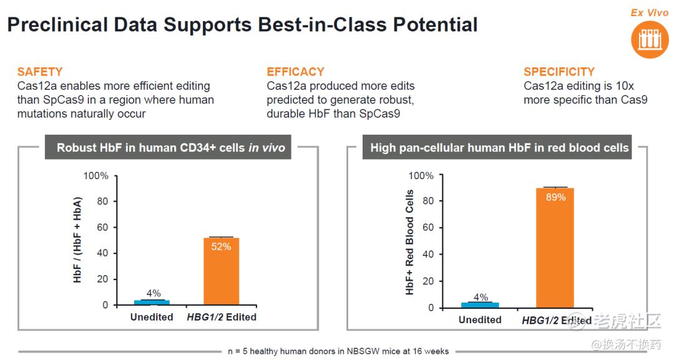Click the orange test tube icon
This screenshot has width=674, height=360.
click(650, 39)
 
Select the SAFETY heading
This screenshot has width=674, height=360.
click(40, 72)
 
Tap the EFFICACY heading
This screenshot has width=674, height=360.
click(295, 72)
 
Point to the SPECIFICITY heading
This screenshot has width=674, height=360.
click(559, 72)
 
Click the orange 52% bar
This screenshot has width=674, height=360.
click(221, 271)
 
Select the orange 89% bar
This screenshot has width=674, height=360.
click(555, 248)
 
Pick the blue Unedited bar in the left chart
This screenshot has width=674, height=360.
click(152, 303)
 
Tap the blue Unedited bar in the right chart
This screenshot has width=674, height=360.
click(480, 305)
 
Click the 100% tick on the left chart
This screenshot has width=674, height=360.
click(96, 176)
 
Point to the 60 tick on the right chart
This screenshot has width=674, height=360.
click(427, 227)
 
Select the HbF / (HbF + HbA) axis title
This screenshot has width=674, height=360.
click(77, 240)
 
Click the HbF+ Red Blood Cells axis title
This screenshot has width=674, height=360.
click(409, 242)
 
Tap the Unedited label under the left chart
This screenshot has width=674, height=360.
click(152, 317)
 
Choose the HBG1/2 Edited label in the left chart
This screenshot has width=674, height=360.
click(222, 317)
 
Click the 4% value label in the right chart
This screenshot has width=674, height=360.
click(481, 297)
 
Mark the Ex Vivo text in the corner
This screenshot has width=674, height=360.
click(650, 12)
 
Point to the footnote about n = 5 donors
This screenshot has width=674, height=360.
click(338, 351)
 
